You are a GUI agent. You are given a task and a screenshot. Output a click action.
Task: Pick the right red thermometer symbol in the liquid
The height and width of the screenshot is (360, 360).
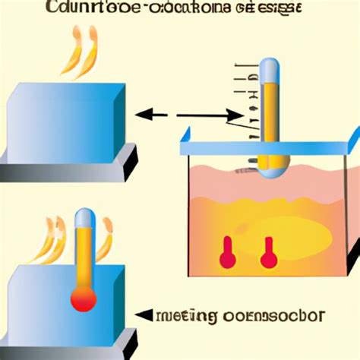(267, 254)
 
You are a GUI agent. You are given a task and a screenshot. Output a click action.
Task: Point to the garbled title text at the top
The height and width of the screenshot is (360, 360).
(175, 9)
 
